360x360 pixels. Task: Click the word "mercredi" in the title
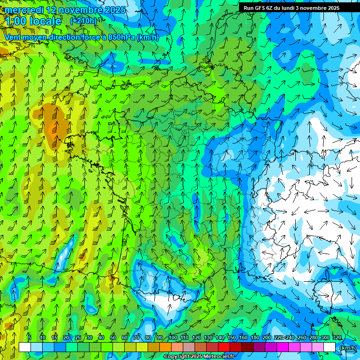(x=23, y=10)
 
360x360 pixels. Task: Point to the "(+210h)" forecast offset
(x=83, y=21)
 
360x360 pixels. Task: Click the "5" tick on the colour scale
(x=30, y=337)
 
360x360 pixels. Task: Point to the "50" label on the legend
(x=113, y=337)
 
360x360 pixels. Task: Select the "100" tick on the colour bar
(x=172, y=337)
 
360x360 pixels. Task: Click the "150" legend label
(x=232, y=337)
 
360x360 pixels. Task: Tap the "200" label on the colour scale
(x=267, y=337)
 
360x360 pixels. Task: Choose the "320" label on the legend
(x=337, y=337)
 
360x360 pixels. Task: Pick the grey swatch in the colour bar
(x=189, y=347)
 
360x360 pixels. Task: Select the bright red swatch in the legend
(x=224, y=347)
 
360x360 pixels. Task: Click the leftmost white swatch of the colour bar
(x=25, y=347)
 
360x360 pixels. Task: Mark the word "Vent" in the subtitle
(x=13, y=37)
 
